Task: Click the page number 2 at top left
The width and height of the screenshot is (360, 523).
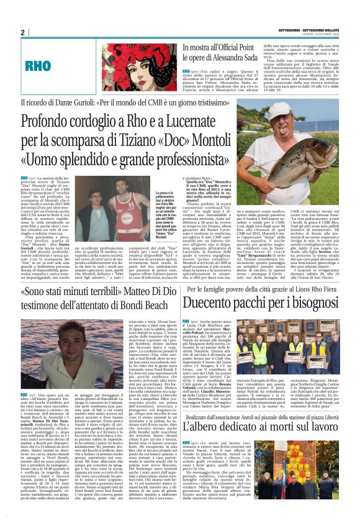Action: [x=23, y=32]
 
